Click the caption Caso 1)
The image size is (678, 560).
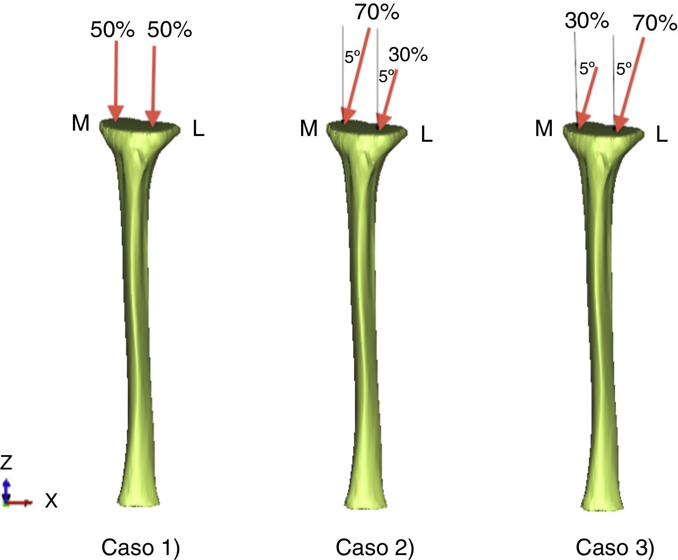(140, 547)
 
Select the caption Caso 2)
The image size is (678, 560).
(375, 547)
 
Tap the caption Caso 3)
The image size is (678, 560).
(615, 547)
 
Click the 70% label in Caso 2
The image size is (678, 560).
(376, 12)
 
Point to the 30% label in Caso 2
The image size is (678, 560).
(408, 54)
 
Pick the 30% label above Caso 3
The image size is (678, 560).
(586, 20)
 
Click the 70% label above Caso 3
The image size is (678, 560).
(655, 23)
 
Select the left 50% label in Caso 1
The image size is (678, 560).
(112, 30)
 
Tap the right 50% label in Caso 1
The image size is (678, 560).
(169, 30)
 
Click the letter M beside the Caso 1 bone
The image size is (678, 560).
(80, 122)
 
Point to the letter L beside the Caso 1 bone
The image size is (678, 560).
(198, 130)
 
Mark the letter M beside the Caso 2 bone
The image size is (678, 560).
(308, 129)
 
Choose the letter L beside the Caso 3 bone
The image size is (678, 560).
(662, 134)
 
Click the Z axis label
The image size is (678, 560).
(7, 462)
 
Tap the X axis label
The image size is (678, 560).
(51, 501)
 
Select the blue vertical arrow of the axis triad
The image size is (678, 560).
(6, 490)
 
